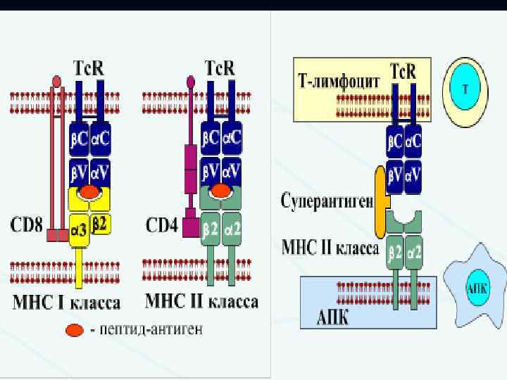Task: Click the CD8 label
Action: coord(26,227)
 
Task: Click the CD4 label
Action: coord(161,227)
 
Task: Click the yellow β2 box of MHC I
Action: coord(101,224)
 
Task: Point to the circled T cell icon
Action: coord(465,89)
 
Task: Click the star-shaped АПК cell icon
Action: coord(475,289)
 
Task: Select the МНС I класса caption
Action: coord(67,303)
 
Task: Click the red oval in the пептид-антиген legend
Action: coord(73,329)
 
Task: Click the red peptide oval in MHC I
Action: coord(89,191)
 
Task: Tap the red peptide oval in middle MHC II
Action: coord(220,191)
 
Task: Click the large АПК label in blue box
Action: coord(325,316)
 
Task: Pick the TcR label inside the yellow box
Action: coord(403,72)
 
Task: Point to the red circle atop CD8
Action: coord(57,81)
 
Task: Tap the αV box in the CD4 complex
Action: coord(232,171)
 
